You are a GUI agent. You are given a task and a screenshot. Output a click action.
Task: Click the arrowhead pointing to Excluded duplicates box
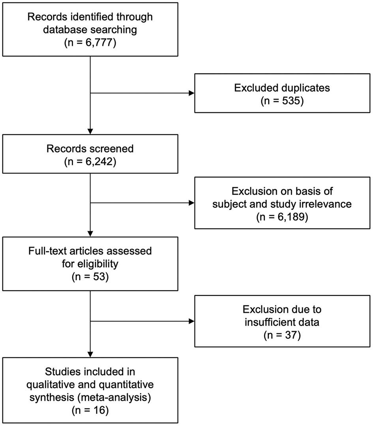tap(192, 93)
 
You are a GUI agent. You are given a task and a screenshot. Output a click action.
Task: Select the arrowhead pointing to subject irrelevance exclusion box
tap(192, 204)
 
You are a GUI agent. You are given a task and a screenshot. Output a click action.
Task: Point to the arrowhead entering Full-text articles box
tap(91, 233)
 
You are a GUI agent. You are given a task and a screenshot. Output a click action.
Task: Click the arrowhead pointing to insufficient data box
tap(192, 321)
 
